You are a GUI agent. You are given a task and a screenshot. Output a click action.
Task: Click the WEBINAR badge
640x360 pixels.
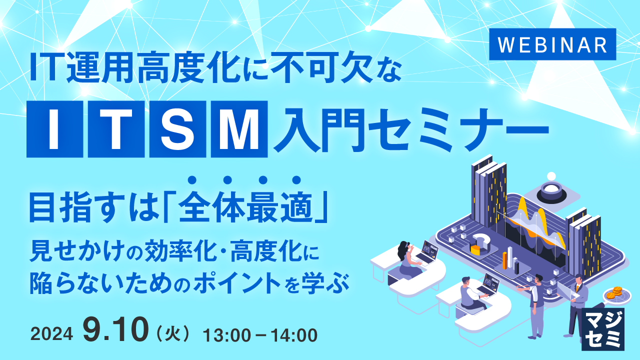pos(552,44)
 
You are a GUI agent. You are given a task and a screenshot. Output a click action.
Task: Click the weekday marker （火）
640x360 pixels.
pos(173,334)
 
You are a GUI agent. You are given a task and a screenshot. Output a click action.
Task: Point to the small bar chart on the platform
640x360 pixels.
pos(510,259)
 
